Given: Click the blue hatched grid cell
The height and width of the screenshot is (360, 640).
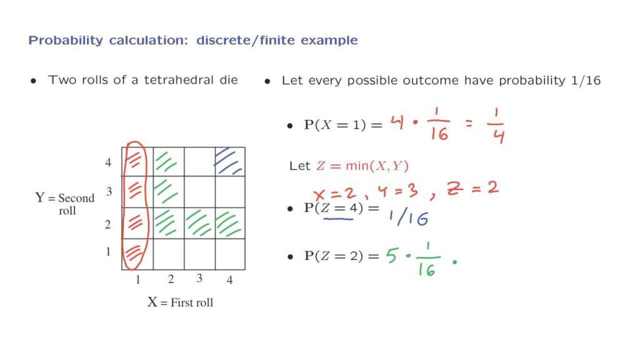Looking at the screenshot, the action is tap(230, 162).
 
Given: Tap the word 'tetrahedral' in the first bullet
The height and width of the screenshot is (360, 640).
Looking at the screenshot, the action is tap(179, 79).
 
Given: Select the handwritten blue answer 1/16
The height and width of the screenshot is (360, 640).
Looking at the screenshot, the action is tap(408, 218).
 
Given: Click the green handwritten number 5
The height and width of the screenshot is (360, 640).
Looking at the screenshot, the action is tap(392, 256).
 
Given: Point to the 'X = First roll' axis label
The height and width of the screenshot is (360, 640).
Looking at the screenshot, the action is tap(180, 302).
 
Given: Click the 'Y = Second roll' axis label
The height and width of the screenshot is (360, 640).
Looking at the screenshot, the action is tap(65, 204).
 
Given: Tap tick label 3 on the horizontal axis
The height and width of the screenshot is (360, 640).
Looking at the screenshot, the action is tap(199, 278).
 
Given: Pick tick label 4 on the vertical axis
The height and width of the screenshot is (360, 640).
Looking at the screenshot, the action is tap(107, 162).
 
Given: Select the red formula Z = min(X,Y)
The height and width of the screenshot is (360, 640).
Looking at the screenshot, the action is tap(362, 166).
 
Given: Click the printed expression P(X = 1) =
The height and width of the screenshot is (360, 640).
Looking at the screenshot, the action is tap(343, 125).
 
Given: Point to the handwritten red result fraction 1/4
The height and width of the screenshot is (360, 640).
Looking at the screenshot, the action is tap(496, 125).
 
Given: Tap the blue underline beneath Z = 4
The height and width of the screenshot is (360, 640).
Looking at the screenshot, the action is tap(338, 219).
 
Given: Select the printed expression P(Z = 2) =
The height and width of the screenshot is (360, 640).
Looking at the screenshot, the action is tap(342, 256).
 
